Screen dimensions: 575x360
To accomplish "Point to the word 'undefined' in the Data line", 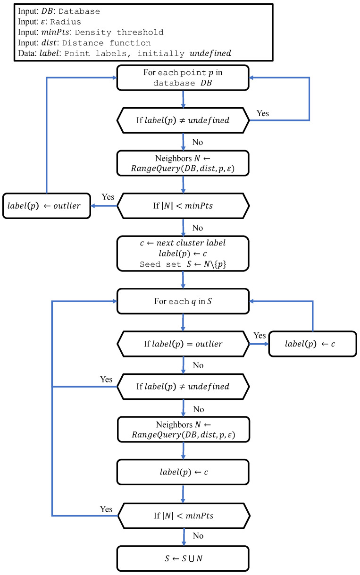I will tap(210, 53).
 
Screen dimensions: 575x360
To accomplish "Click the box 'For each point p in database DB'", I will tap(183, 77).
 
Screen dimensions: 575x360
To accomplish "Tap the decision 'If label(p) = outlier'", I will tap(183, 343).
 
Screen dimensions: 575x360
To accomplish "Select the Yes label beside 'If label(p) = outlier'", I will tap(260, 336).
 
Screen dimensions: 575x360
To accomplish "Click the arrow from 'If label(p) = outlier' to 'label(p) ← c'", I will tap(259, 344).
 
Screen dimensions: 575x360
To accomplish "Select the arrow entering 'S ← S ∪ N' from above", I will tap(183, 537).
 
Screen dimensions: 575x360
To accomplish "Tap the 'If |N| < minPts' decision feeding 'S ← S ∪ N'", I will tap(183, 516).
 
